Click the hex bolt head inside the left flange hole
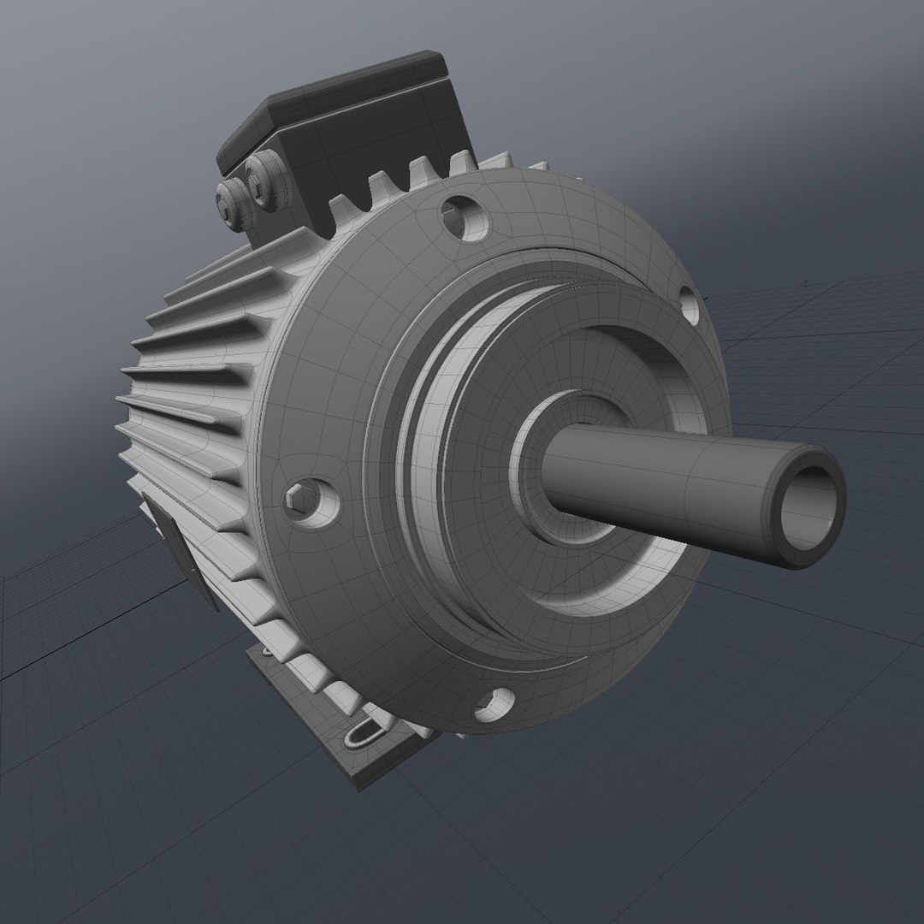299,497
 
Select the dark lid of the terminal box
342,111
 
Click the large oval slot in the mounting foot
365,732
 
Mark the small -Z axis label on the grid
804,283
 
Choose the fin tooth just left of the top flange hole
423,176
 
